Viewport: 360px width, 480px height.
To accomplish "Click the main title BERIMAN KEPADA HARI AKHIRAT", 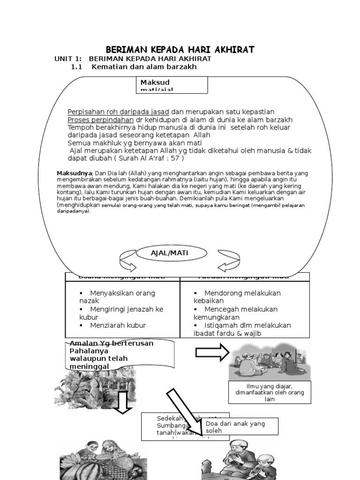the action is coord(180,50).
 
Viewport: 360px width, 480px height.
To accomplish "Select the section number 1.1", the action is coord(76,67).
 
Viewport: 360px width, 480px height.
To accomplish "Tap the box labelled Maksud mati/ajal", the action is coord(173,85).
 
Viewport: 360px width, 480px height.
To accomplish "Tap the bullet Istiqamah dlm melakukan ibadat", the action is coord(242,329).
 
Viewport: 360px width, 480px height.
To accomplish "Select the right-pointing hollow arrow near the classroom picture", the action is coord(212,352).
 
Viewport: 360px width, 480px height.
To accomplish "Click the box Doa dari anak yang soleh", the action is coord(239,427).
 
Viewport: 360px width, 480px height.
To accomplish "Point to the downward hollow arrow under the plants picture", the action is coord(123,403).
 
